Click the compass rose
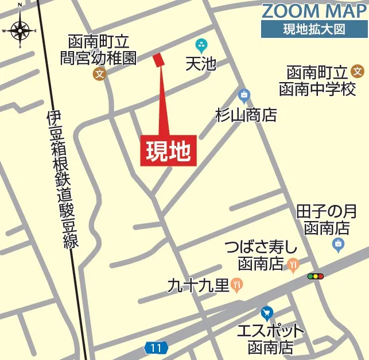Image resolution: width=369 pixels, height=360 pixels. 20,30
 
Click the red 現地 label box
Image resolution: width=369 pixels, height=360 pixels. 169,151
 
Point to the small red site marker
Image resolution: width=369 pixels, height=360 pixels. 159,59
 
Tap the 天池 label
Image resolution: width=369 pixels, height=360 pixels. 200,63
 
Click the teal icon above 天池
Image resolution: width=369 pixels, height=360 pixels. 201,44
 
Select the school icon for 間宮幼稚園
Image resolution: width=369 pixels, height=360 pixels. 100,73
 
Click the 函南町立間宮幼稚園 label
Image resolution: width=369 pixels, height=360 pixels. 99,49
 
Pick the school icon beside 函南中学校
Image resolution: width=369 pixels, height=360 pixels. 358,72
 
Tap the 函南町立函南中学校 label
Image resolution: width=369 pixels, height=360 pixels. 317,81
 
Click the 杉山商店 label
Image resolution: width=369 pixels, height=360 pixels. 246,115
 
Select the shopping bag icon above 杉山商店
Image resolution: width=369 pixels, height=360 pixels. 244,94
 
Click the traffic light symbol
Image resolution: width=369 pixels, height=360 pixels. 316,276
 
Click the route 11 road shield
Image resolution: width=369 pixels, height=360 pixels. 156,348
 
